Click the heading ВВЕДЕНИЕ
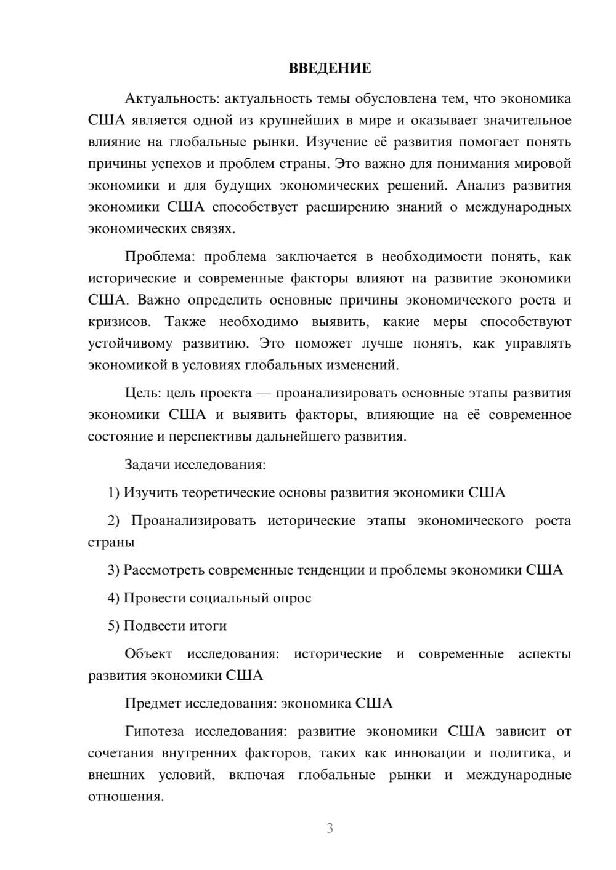tap(330, 68)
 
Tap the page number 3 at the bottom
tap(330, 828)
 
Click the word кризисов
tap(118, 322)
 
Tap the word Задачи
tap(147, 465)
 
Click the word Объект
tap(148, 654)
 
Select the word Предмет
tap(153, 703)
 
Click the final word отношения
tap(125, 797)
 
